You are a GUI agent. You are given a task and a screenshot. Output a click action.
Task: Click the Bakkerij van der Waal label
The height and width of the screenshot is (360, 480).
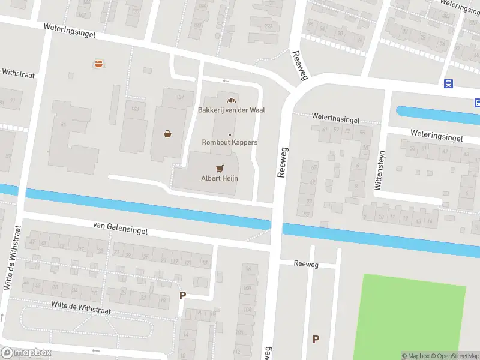click(x=232, y=110)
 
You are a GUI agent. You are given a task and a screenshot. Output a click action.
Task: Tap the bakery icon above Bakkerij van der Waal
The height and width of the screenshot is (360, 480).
click(x=229, y=100)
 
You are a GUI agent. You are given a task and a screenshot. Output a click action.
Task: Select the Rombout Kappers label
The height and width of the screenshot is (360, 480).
click(x=229, y=142)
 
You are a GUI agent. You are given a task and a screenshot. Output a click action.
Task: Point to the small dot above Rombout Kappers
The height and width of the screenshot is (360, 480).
click(x=229, y=134)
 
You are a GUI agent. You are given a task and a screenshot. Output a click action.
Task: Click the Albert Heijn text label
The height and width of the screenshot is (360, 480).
click(x=220, y=178)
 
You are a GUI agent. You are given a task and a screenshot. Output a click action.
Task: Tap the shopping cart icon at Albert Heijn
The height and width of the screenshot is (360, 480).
click(x=220, y=168)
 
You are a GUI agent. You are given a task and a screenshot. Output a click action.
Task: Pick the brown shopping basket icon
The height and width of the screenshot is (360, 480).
click(x=167, y=134)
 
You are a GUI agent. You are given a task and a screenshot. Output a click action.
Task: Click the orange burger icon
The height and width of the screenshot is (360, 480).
click(x=97, y=63)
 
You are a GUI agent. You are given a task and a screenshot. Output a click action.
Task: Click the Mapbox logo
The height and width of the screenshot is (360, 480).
click(x=26, y=353)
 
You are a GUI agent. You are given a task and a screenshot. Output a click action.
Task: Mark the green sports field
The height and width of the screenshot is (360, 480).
click(x=409, y=317)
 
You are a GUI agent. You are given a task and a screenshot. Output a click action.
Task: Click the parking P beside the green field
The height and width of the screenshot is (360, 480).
click(x=316, y=340)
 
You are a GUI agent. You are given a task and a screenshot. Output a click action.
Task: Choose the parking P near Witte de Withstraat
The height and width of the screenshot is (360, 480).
click(x=182, y=295)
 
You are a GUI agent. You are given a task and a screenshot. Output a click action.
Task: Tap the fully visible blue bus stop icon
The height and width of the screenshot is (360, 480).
click(x=448, y=84)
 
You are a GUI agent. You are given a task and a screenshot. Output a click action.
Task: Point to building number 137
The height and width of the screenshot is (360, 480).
click(x=180, y=97)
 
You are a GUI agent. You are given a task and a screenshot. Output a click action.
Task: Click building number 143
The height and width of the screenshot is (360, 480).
click(x=135, y=109)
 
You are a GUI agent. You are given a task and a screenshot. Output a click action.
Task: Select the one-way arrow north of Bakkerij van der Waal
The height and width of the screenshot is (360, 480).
click(x=226, y=81)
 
